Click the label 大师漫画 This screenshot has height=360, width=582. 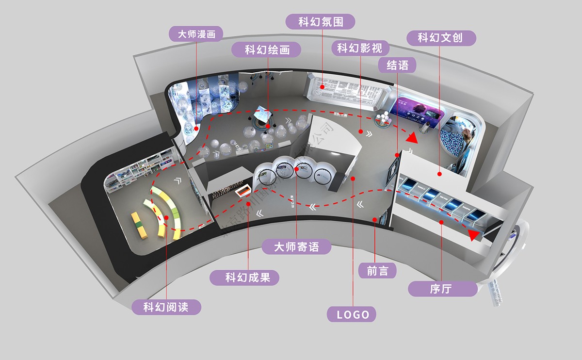click(196, 34)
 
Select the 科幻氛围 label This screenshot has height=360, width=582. click(320, 22)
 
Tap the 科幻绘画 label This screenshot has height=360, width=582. click(267, 49)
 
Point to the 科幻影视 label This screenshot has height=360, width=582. click(359, 48)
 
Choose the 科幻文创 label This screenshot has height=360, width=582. click(440, 38)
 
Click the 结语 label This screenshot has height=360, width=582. click(398, 65)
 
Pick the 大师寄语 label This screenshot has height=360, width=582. click(296, 246)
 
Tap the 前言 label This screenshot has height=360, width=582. click(377, 271)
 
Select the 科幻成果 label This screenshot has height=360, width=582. click(245, 278)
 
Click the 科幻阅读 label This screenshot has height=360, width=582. click(166, 307)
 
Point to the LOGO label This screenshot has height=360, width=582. click(353, 314)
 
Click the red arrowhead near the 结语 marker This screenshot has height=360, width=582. click(412, 138)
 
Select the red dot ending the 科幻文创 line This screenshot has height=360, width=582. click(439, 173)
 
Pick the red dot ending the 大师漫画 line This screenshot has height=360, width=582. click(196, 129)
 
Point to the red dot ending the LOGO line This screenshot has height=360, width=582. click(353, 179)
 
